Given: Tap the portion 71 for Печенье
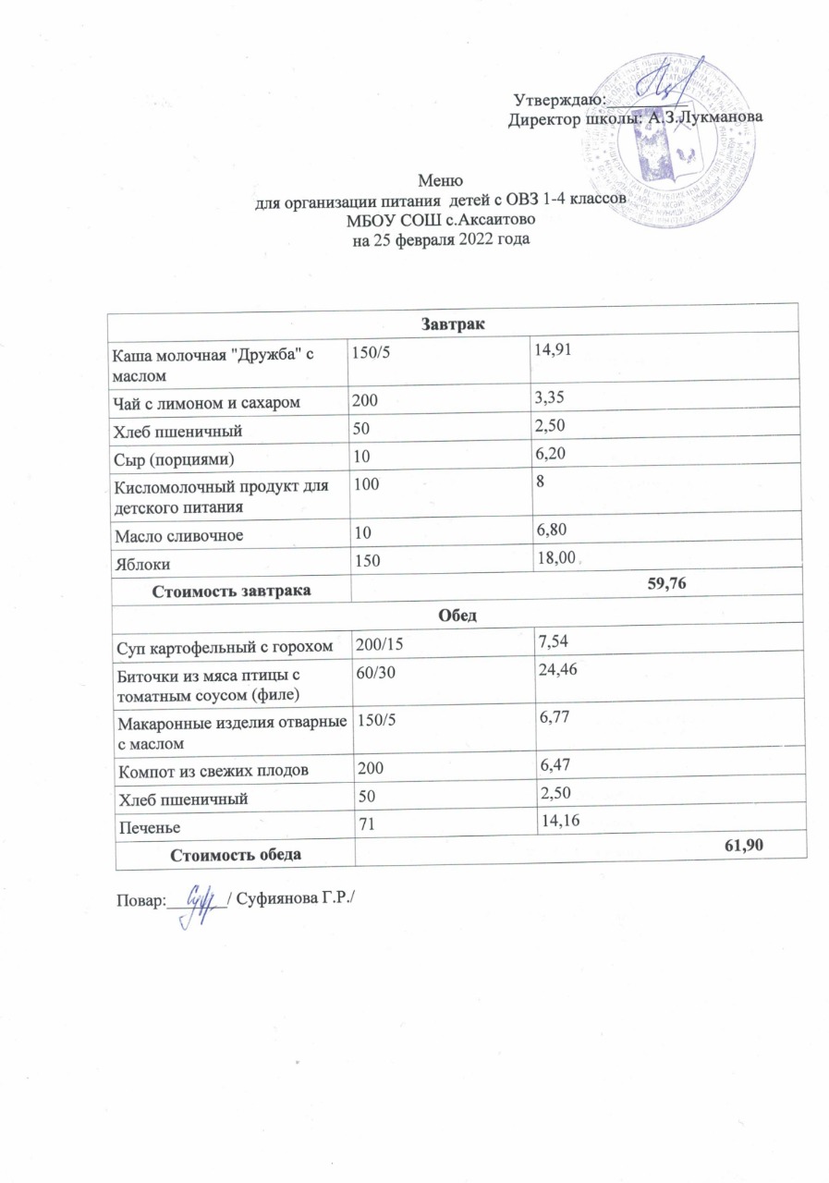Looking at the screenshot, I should pos(357,822).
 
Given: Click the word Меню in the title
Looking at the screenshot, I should pos(439,180).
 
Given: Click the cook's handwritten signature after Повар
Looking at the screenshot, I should pos(199,897).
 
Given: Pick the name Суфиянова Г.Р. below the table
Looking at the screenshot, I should pos(295,898).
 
